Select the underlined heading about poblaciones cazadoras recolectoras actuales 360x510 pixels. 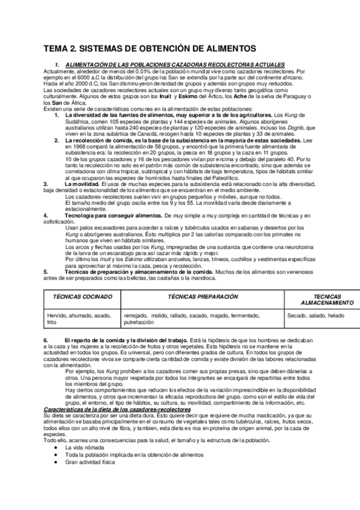click(174, 65)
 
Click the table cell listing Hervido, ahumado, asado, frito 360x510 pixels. click(79, 319)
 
